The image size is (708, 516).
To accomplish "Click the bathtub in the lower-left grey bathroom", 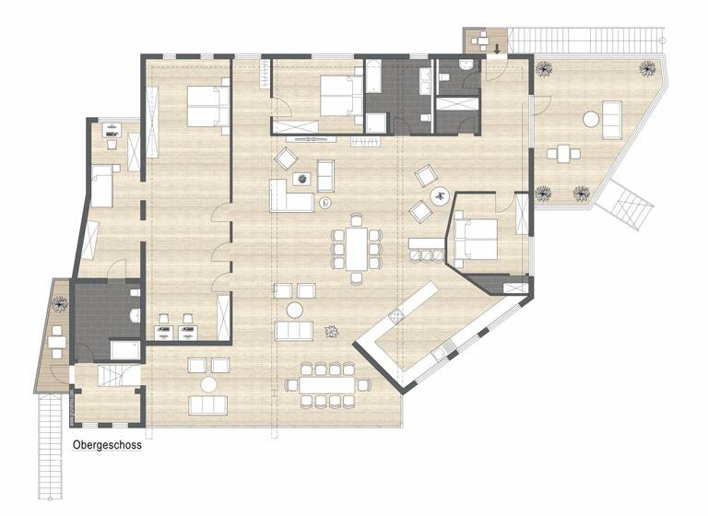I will [x=124, y=349].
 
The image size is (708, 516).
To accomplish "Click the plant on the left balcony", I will [x=60, y=301].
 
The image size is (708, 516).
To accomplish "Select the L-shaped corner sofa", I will [x=290, y=195].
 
